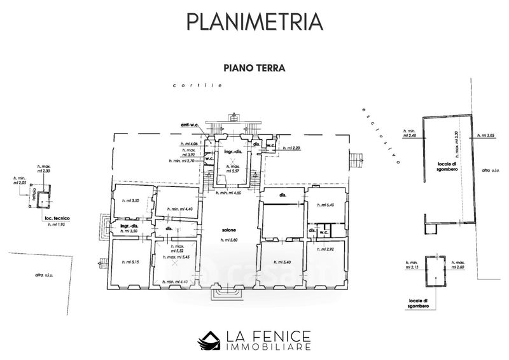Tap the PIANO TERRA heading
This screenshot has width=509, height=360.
click(x=254, y=66)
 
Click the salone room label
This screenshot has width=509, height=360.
click(x=229, y=230)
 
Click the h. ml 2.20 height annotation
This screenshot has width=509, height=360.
click(x=290, y=148)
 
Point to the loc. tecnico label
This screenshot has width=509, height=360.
click(x=57, y=218)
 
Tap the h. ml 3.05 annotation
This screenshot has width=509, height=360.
click(x=485, y=135)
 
